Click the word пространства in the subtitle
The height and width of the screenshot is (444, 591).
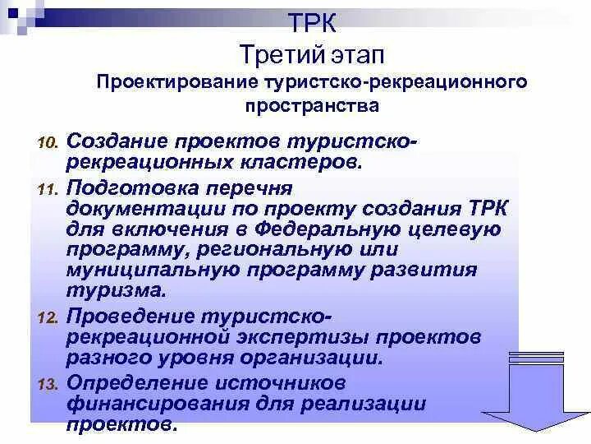(x=312, y=105)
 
